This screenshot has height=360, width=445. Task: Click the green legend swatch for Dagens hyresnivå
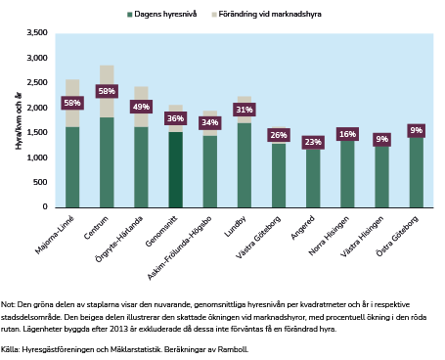(129, 15)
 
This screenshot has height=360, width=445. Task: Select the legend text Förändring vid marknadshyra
(270, 14)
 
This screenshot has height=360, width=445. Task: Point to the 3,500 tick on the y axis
(37, 32)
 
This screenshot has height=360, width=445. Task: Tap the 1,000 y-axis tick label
(37, 157)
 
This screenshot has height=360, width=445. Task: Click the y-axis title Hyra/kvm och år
(19, 121)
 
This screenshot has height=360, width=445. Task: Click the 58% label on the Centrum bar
(107, 91)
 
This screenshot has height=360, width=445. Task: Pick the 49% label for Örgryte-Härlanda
(141, 107)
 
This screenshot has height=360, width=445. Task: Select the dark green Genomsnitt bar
(175, 169)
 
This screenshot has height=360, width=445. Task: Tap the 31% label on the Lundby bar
(245, 110)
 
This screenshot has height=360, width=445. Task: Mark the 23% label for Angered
(313, 142)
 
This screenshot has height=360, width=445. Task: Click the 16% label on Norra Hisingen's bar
(347, 134)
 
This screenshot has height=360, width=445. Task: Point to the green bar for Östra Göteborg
(417, 172)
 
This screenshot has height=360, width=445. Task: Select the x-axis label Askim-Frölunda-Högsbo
(180, 247)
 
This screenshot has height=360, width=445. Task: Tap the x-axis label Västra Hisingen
(362, 237)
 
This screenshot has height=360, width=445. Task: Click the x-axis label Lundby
(235, 226)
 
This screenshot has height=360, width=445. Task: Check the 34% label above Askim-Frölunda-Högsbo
(210, 122)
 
